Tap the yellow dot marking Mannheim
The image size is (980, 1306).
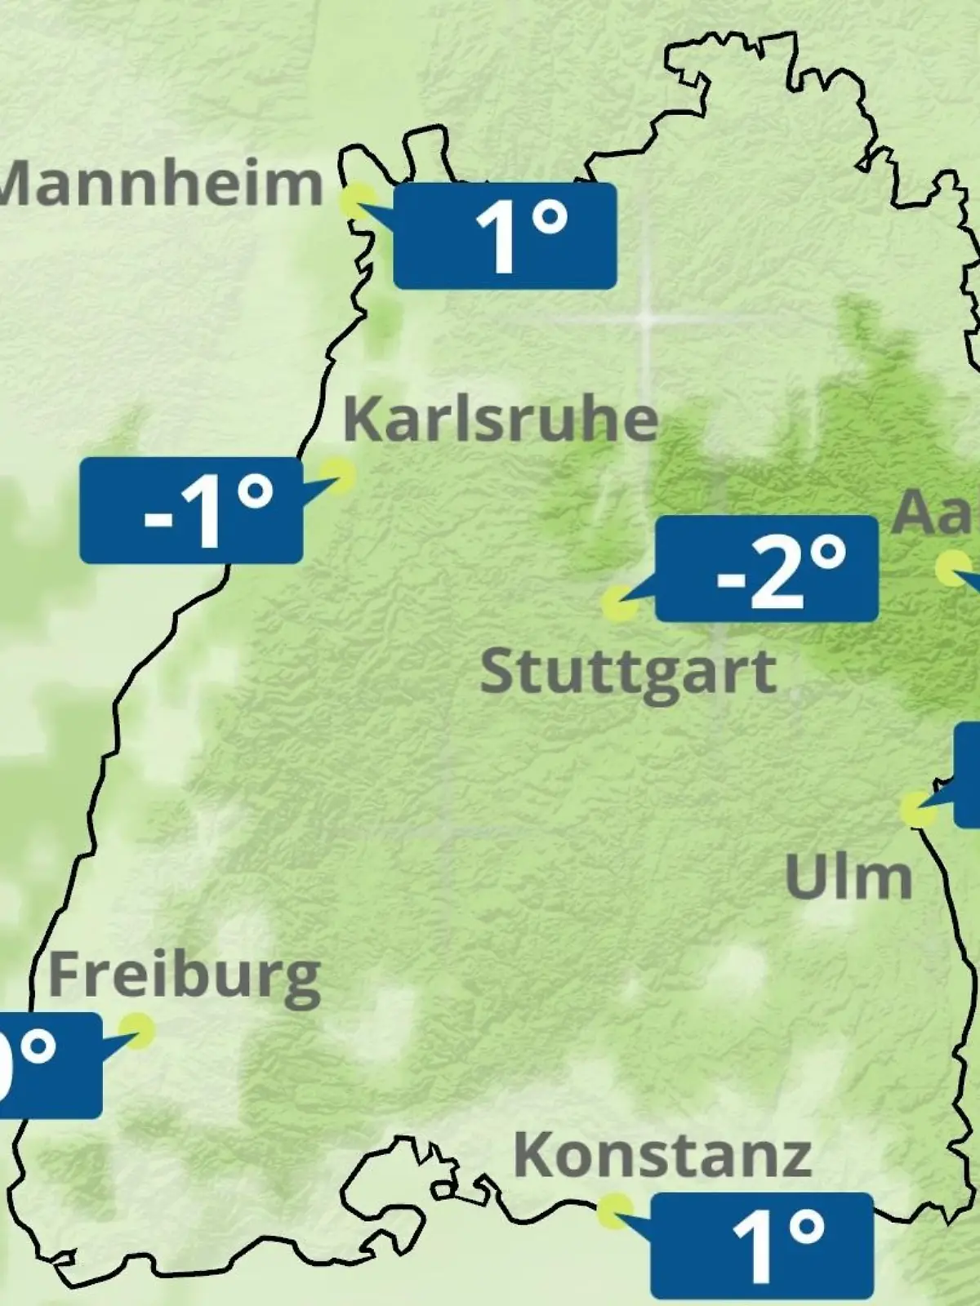click(x=358, y=200)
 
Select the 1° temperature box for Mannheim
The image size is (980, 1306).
click(x=505, y=236)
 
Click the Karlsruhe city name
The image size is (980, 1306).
click(x=500, y=420)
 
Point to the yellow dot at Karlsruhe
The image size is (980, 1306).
click(x=336, y=473)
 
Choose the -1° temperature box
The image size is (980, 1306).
click(x=191, y=510)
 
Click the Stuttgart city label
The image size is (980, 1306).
click(x=628, y=673)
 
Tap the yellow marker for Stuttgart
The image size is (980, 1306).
click(x=618, y=605)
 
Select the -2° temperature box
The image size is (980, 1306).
click(x=767, y=569)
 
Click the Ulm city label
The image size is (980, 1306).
click(x=849, y=877)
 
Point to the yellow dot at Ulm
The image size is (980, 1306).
click(x=917, y=809)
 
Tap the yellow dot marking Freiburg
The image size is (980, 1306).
click(x=136, y=1030)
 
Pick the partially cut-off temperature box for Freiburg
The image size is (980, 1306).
click(x=49, y=1065)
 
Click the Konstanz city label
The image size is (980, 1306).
click(x=662, y=1155)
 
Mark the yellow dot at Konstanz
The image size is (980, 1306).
click(x=614, y=1210)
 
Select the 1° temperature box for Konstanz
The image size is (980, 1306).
click(x=762, y=1245)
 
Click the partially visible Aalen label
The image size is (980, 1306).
click(x=935, y=513)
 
